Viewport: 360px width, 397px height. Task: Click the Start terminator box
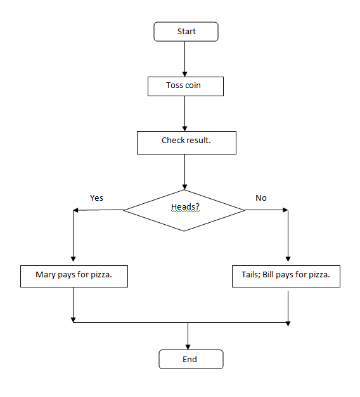click(186, 32)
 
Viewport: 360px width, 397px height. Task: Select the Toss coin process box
click(185, 86)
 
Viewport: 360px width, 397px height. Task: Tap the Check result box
click(186, 142)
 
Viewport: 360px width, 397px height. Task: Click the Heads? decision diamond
click(184, 210)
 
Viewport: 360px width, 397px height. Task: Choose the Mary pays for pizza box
click(74, 276)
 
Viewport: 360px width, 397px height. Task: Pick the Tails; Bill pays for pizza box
click(286, 276)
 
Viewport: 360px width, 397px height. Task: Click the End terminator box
click(190, 360)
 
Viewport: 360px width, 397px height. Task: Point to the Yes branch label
click(96, 198)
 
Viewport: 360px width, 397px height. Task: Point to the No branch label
click(261, 198)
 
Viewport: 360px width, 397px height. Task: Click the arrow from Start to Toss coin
click(184, 58)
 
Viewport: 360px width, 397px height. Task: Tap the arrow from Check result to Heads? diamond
click(184, 171)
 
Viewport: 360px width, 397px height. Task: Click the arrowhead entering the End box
click(188, 346)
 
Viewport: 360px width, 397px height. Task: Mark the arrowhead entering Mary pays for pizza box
click(74, 260)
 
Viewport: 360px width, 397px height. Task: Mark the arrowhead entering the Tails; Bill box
click(288, 259)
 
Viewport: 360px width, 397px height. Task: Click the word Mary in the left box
click(46, 276)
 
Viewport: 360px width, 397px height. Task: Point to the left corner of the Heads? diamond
click(124, 210)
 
